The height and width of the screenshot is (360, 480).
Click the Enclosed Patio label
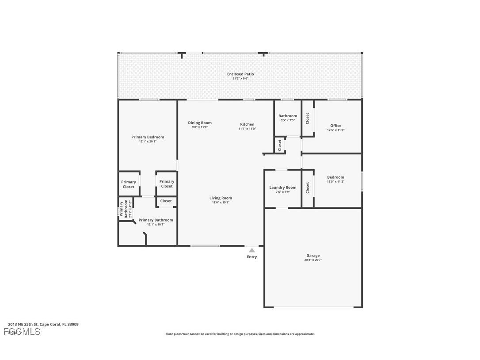(240, 74)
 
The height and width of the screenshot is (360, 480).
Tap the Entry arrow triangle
(251, 250)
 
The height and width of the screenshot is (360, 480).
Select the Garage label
(313, 256)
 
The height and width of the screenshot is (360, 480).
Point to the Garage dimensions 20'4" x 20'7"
(313, 260)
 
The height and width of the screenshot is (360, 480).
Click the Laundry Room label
(283, 188)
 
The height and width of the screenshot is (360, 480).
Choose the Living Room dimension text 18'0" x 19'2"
(221, 203)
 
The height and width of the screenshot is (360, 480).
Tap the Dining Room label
(200, 123)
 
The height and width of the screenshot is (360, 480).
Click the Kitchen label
(247, 124)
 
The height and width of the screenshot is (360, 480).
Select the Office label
(335, 126)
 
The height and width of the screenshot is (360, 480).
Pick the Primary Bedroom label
(148, 137)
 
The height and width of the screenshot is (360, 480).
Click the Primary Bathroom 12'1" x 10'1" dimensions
(156, 224)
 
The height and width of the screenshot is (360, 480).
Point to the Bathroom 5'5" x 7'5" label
(288, 116)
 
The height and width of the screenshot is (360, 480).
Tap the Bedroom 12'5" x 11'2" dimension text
(335, 182)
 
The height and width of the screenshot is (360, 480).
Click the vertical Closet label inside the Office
(308, 118)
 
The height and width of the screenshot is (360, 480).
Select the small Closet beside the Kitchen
(280, 145)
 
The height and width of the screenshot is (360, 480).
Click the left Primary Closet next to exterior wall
(129, 184)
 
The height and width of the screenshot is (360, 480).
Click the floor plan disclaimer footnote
(240, 334)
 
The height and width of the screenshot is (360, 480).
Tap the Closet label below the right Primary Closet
(166, 201)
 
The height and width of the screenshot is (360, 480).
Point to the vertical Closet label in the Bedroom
(308, 188)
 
